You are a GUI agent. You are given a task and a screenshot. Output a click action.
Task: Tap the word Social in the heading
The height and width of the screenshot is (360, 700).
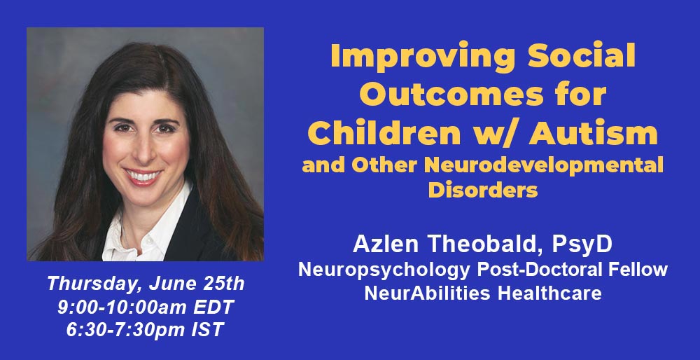(x=582, y=55)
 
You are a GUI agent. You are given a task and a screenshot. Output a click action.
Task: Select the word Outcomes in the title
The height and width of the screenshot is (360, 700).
(x=447, y=95)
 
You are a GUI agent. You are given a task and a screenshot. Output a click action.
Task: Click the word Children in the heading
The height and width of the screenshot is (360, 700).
(x=384, y=133)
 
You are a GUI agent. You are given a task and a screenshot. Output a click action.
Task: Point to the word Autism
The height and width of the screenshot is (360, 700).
(x=594, y=133)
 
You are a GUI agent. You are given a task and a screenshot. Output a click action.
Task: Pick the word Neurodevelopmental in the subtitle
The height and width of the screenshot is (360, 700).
(x=544, y=165)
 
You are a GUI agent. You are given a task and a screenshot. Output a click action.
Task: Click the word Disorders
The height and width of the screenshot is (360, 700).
(x=482, y=190)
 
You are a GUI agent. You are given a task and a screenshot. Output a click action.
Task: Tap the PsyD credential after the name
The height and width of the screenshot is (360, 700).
(x=582, y=244)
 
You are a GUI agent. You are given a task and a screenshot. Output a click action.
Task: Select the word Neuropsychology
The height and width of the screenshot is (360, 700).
(x=384, y=270)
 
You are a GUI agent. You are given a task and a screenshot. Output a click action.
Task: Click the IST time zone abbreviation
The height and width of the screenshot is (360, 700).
(x=207, y=330)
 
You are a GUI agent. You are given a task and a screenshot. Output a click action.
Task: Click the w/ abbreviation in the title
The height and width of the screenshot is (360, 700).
(x=495, y=134)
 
